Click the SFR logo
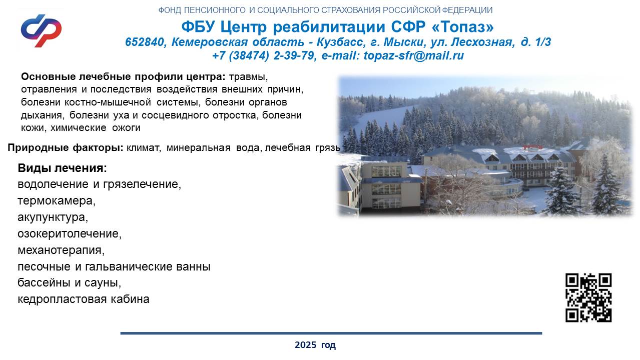tap(41, 31)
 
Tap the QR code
tap(588, 298)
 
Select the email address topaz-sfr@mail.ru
tap(414, 55)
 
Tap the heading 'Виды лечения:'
tap(62, 168)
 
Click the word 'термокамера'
tap(56, 200)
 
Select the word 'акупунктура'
tap(53, 217)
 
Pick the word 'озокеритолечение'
tap(70, 233)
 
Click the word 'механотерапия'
tap(61, 250)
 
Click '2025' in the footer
tap(305, 345)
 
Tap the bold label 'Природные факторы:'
tap(66, 148)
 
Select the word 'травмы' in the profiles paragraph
tap(248, 77)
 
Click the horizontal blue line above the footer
tap(331, 333)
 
